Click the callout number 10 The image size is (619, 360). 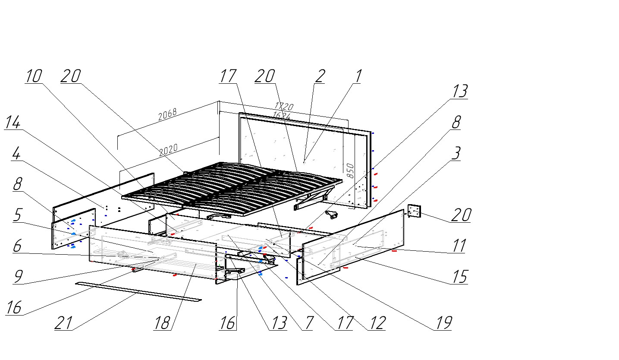pos(34,76)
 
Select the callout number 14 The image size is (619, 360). pos(13,123)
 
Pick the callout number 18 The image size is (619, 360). pos(162,323)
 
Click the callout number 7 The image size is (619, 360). pos(307,323)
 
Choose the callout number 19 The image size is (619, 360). pos(443,323)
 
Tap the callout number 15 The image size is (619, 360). pos(460,277)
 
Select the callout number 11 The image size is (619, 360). pos(459,246)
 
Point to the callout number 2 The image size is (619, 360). pos(319,76)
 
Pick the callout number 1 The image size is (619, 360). pos(357,76)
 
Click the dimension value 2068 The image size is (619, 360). pos(167,115)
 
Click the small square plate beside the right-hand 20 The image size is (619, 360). pos(414,211)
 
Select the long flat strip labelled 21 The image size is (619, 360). pos(138,291)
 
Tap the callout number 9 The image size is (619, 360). pos(18,277)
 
